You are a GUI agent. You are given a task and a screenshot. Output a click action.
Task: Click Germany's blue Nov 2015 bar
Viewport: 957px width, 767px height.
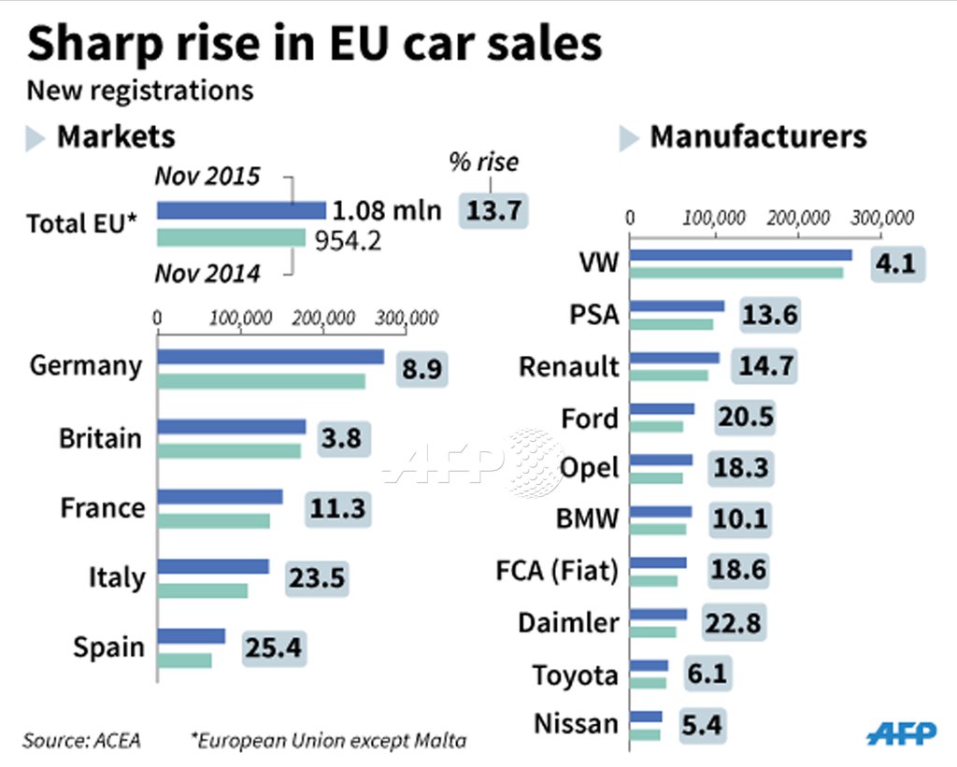271,356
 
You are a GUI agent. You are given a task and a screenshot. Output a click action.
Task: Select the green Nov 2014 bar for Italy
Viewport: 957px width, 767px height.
203,590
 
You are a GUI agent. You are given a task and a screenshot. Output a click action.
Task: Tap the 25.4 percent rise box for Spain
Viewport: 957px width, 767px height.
275,647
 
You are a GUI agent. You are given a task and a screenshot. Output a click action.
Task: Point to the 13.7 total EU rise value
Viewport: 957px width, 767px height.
493,210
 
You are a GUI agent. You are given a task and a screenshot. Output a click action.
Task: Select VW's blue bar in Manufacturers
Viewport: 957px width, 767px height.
742,254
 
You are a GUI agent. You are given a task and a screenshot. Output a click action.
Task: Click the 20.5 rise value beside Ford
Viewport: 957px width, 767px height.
745,418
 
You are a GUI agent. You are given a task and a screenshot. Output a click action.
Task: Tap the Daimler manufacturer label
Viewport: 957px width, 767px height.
568,622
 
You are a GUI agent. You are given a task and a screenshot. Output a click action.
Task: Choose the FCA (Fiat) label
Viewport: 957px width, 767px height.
557,570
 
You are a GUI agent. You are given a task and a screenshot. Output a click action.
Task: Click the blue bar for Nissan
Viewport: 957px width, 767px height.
647,717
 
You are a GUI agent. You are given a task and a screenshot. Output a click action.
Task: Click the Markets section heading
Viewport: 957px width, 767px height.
116,136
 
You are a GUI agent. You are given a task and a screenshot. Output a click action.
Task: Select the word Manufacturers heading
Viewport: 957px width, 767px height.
758,136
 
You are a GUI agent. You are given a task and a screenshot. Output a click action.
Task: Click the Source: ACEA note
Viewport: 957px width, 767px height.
81,741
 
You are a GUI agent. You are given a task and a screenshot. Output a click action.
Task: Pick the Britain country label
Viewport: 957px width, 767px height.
101,438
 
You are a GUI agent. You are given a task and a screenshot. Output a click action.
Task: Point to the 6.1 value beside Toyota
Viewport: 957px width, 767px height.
706,674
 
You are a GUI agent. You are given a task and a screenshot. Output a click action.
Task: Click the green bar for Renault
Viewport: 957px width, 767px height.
670,375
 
